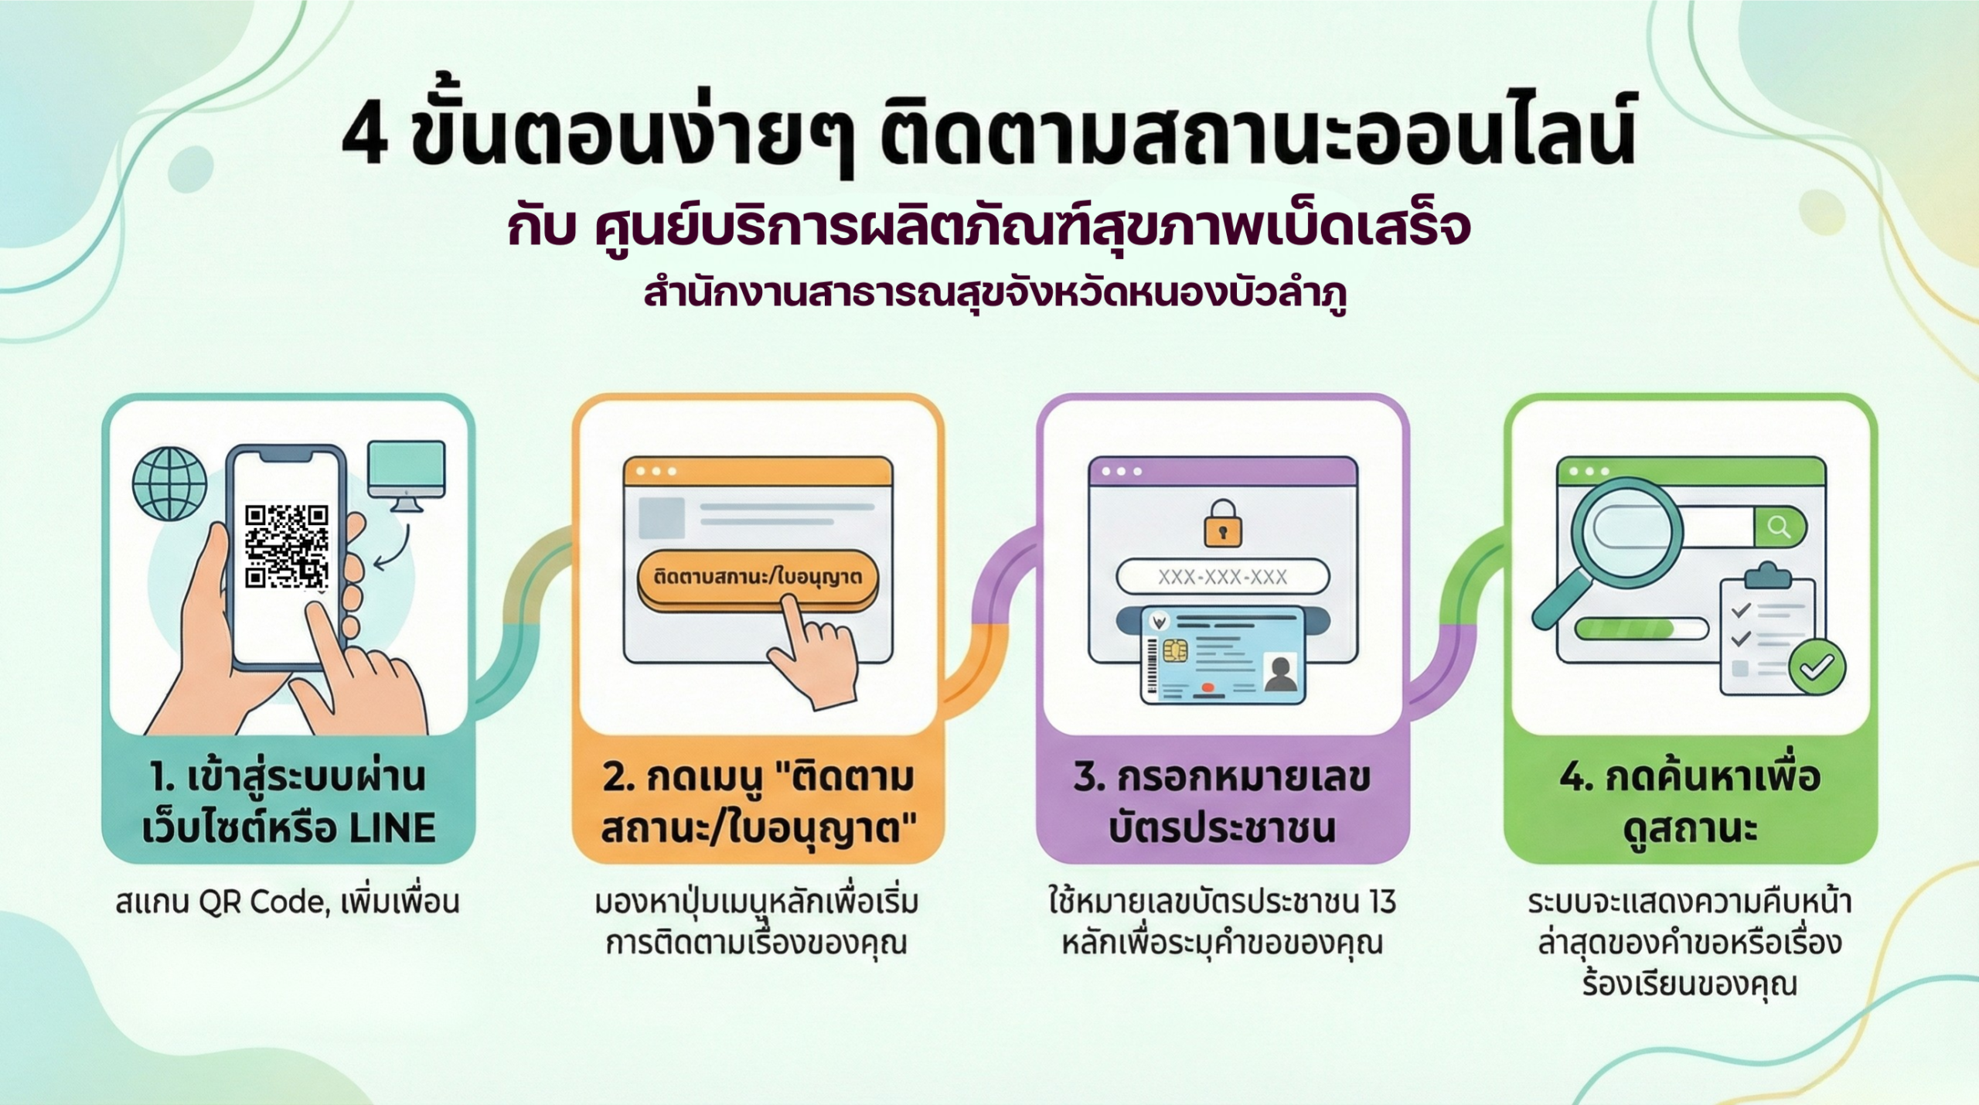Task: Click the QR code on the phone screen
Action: click(x=287, y=547)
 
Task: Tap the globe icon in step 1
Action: click(x=169, y=484)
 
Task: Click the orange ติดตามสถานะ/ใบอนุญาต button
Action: click(x=758, y=578)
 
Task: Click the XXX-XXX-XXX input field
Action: click(x=1222, y=577)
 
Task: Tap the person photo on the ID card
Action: click(x=1280, y=670)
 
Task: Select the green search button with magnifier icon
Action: click(x=1780, y=527)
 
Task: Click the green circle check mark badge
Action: click(x=1817, y=667)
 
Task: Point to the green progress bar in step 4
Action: click(x=1623, y=629)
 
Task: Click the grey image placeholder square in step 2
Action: click(x=662, y=517)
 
